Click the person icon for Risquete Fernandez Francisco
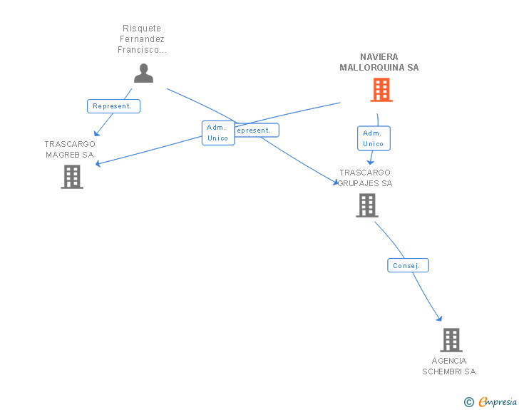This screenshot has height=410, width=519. coord(143,73)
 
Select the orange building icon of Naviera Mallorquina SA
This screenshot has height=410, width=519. coord(381,90)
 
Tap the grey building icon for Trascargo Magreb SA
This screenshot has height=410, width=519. coord(72,177)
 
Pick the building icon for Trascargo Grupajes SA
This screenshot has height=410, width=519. coord(367,205)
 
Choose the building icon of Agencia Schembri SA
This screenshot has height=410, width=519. coord(451,340)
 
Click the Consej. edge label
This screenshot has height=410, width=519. coord(408,265)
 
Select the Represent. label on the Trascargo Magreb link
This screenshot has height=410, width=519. coord(113,106)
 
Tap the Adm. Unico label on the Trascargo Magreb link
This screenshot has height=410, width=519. coord(217,133)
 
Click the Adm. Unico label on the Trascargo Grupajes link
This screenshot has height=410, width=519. coord(373,138)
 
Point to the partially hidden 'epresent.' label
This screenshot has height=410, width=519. coord(256,130)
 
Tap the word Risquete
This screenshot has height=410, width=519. coord(142,29)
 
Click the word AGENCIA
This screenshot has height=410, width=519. coord(449,361)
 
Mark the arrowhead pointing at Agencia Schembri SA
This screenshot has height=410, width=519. coord(439,318)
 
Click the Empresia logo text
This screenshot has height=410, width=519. coord(498,402)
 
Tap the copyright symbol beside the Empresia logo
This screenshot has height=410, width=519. coord(468,402)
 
